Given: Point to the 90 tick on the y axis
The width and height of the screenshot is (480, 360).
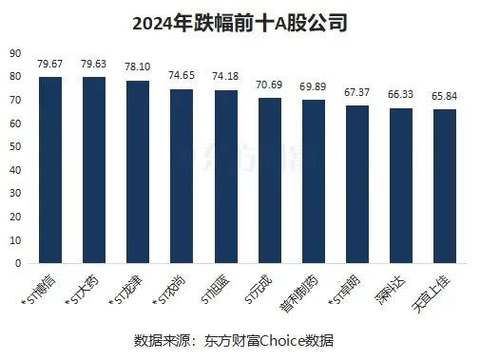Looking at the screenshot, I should tap(16, 54).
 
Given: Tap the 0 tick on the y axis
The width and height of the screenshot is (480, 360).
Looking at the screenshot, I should tap(19, 262).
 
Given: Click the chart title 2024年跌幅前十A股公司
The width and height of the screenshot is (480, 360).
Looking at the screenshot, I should tap(240, 21).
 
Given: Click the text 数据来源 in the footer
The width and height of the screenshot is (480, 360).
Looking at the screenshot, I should tap(158, 339).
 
